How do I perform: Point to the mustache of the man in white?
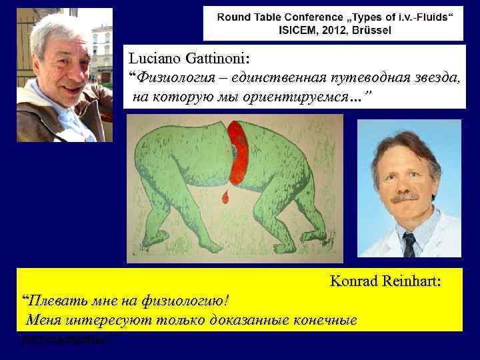click(405, 197)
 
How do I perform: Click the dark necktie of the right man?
click(409, 244)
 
